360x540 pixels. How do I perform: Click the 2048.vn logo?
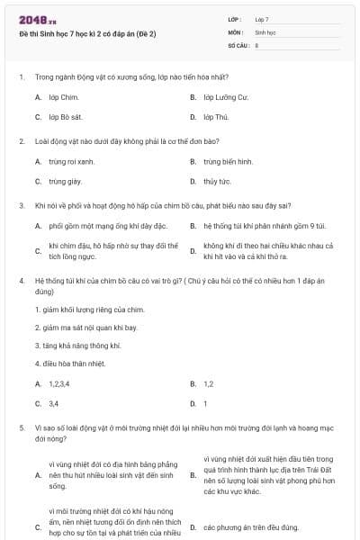pos(37,20)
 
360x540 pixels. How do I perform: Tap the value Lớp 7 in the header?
pos(262,19)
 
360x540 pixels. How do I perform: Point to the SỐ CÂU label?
pos(237,44)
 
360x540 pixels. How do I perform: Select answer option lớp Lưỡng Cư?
pos(225,96)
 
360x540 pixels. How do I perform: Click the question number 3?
pos(21,205)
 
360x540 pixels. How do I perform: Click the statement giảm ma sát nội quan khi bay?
pos(82,328)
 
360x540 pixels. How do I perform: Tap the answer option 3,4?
pos(53,404)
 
